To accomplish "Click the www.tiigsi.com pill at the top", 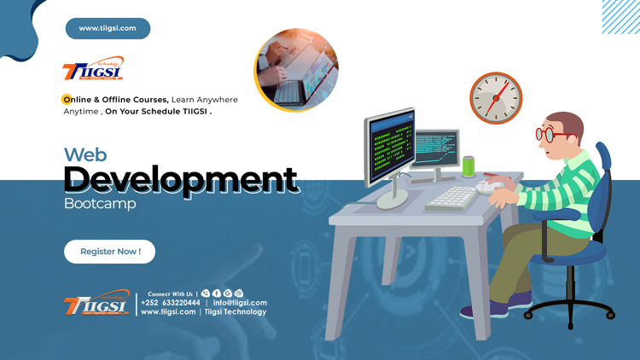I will (x=108, y=28).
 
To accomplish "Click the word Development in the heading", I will (x=180, y=179).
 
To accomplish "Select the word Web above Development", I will (x=84, y=154).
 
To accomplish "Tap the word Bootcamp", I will (x=99, y=204).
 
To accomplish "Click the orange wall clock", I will (x=495, y=97).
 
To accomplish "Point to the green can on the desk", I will (x=468, y=165).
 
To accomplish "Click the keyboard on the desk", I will (x=451, y=198).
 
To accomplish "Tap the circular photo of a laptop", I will (x=296, y=70).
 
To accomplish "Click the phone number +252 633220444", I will (x=171, y=303).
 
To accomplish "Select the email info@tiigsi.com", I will (x=240, y=303).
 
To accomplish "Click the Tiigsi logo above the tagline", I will (x=93, y=71).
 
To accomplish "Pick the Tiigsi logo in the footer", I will (x=96, y=305).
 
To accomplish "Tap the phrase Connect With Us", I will (x=170, y=293).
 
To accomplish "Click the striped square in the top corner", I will (x=620, y=17).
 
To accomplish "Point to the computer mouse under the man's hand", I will (x=489, y=186).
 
